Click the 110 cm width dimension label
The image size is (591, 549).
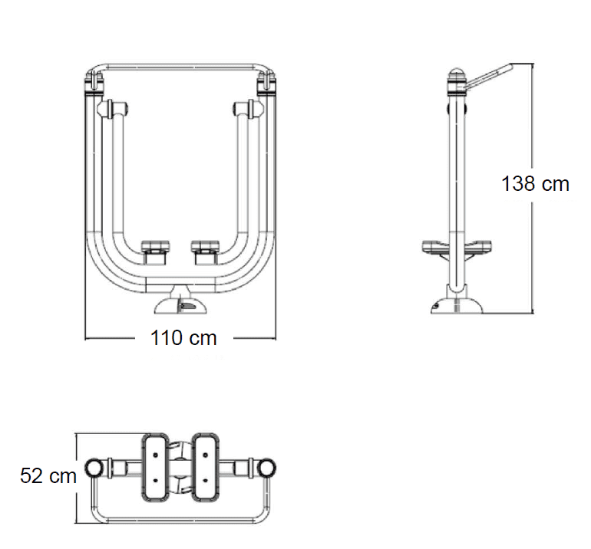[x=183, y=338]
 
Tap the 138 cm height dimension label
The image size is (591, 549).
[x=535, y=184]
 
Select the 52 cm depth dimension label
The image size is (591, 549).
[x=48, y=475]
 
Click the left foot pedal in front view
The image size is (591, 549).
[x=156, y=252]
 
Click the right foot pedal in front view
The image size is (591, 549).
[x=205, y=252]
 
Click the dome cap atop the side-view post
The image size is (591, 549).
[x=457, y=71]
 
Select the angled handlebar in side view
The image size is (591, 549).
[x=489, y=77]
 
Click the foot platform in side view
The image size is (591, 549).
[x=457, y=247]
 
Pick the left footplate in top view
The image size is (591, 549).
[x=155, y=467]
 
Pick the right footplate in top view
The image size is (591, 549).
[x=206, y=467]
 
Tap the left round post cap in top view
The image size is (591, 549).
[x=94, y=467]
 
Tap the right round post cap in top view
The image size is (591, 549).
[x=266, y=467]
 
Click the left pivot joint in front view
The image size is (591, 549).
[x=113, y=108]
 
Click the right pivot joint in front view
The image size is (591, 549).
[x=249, y=108]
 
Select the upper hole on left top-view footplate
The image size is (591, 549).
[x=155, y=455]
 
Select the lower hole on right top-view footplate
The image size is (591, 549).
[x=206, y=480]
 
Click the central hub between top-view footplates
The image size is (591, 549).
[x=180, y=467]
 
